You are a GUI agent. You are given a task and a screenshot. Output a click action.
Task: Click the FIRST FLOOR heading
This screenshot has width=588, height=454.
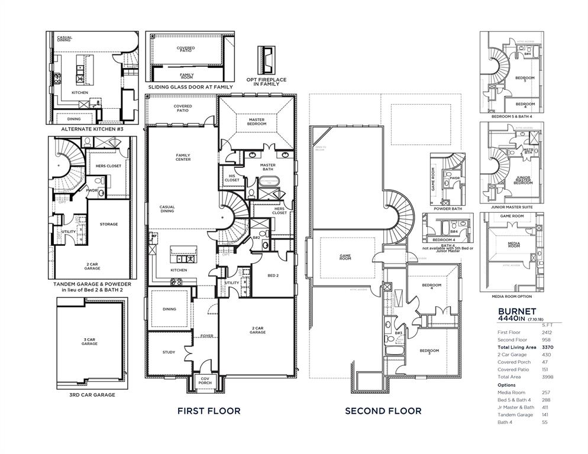click(209, 411)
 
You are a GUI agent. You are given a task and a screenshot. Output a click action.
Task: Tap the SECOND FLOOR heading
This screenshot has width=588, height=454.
click(383, 411)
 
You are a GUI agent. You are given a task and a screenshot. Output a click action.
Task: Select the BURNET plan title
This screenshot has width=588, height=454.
click(516, 310)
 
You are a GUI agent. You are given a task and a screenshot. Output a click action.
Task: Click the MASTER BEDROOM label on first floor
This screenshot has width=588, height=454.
click(257, 122)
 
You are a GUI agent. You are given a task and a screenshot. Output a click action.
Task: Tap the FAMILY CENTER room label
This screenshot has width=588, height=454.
click(183, 157)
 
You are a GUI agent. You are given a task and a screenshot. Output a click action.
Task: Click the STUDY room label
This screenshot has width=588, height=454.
click(169, 352)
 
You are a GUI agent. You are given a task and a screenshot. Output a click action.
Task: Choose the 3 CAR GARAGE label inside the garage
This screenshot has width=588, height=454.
click(89, 341)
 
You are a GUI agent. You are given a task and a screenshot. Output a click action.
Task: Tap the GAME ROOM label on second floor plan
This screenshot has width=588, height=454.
click(345, 258)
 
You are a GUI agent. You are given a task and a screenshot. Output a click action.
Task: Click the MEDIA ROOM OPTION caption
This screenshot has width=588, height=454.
click(511, 296)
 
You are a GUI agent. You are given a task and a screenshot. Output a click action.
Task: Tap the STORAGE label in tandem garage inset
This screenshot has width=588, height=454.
click(109, 224)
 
